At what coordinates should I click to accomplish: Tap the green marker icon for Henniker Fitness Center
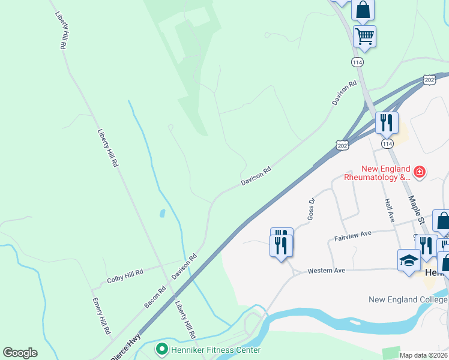(161, 349)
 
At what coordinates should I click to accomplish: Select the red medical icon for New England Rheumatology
(419, 173)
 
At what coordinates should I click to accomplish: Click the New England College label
(408, 299)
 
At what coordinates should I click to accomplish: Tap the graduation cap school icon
(409, 260)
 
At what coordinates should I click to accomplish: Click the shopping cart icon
(364, 36)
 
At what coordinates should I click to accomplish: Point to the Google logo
(20, 353)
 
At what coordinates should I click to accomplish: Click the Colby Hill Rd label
(125, 276)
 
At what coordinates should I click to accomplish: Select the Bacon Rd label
(154, 297)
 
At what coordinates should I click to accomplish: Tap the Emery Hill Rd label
(101, 315)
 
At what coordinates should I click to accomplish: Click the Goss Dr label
(311, 209)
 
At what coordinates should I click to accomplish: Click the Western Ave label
(326, 271)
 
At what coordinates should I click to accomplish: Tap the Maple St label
(417, 210)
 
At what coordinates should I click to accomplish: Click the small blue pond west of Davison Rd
(163, 213)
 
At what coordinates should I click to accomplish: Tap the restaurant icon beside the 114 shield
(387, 123)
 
